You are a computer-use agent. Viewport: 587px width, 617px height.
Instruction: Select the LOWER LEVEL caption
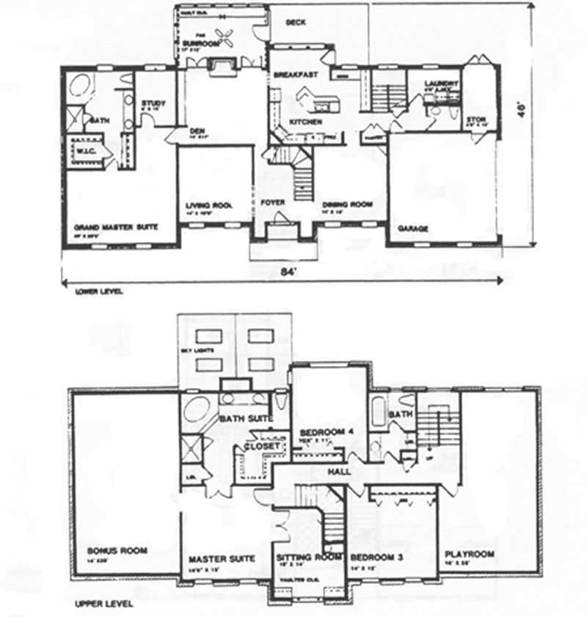98,291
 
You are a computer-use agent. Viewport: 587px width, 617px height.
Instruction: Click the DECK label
296,23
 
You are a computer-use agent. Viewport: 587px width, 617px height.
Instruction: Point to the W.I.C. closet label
87,152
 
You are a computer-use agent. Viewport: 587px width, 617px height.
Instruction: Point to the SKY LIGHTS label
197,352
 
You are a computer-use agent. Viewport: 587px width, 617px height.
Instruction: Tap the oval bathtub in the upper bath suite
197,409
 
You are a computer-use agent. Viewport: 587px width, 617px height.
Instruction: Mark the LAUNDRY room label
442,84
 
